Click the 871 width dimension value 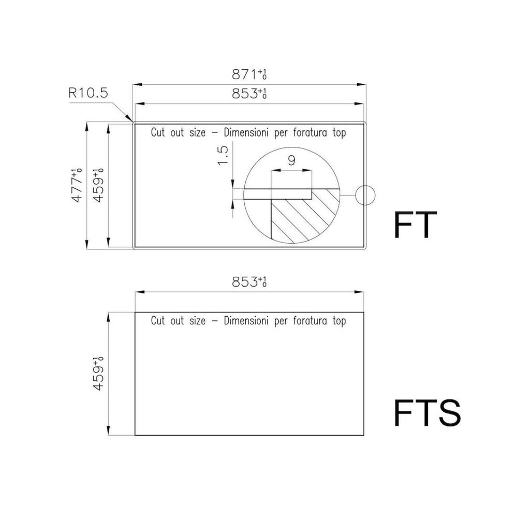coord(249,75)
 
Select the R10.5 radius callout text coord(88,93)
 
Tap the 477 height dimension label coord(77,185)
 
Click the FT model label coord(416,225)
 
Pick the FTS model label coord(427,413)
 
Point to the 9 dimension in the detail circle coord(291,160)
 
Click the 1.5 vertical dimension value coord(223,155)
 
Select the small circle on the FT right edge coord(365,196)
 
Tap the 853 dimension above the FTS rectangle coord(249,281)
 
